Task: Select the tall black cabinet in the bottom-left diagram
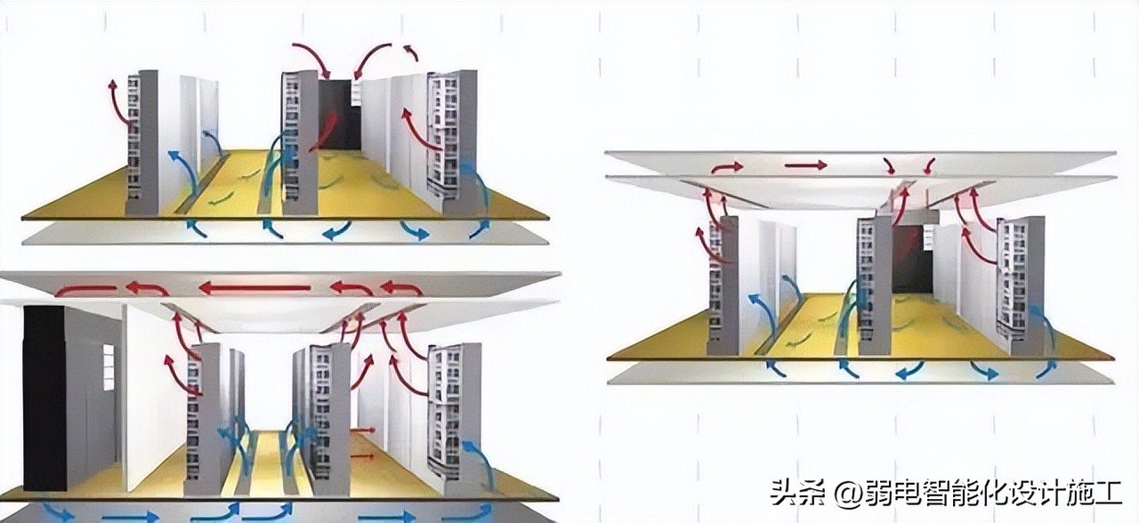(45, 398)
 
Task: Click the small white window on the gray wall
(109, 359)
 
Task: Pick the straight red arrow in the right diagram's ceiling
(804, 165)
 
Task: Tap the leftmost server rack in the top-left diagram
(142, 142)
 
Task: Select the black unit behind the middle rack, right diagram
(912, 258)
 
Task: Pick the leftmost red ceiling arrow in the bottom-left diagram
(85, 290)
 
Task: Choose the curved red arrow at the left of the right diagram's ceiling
(726, 166)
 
